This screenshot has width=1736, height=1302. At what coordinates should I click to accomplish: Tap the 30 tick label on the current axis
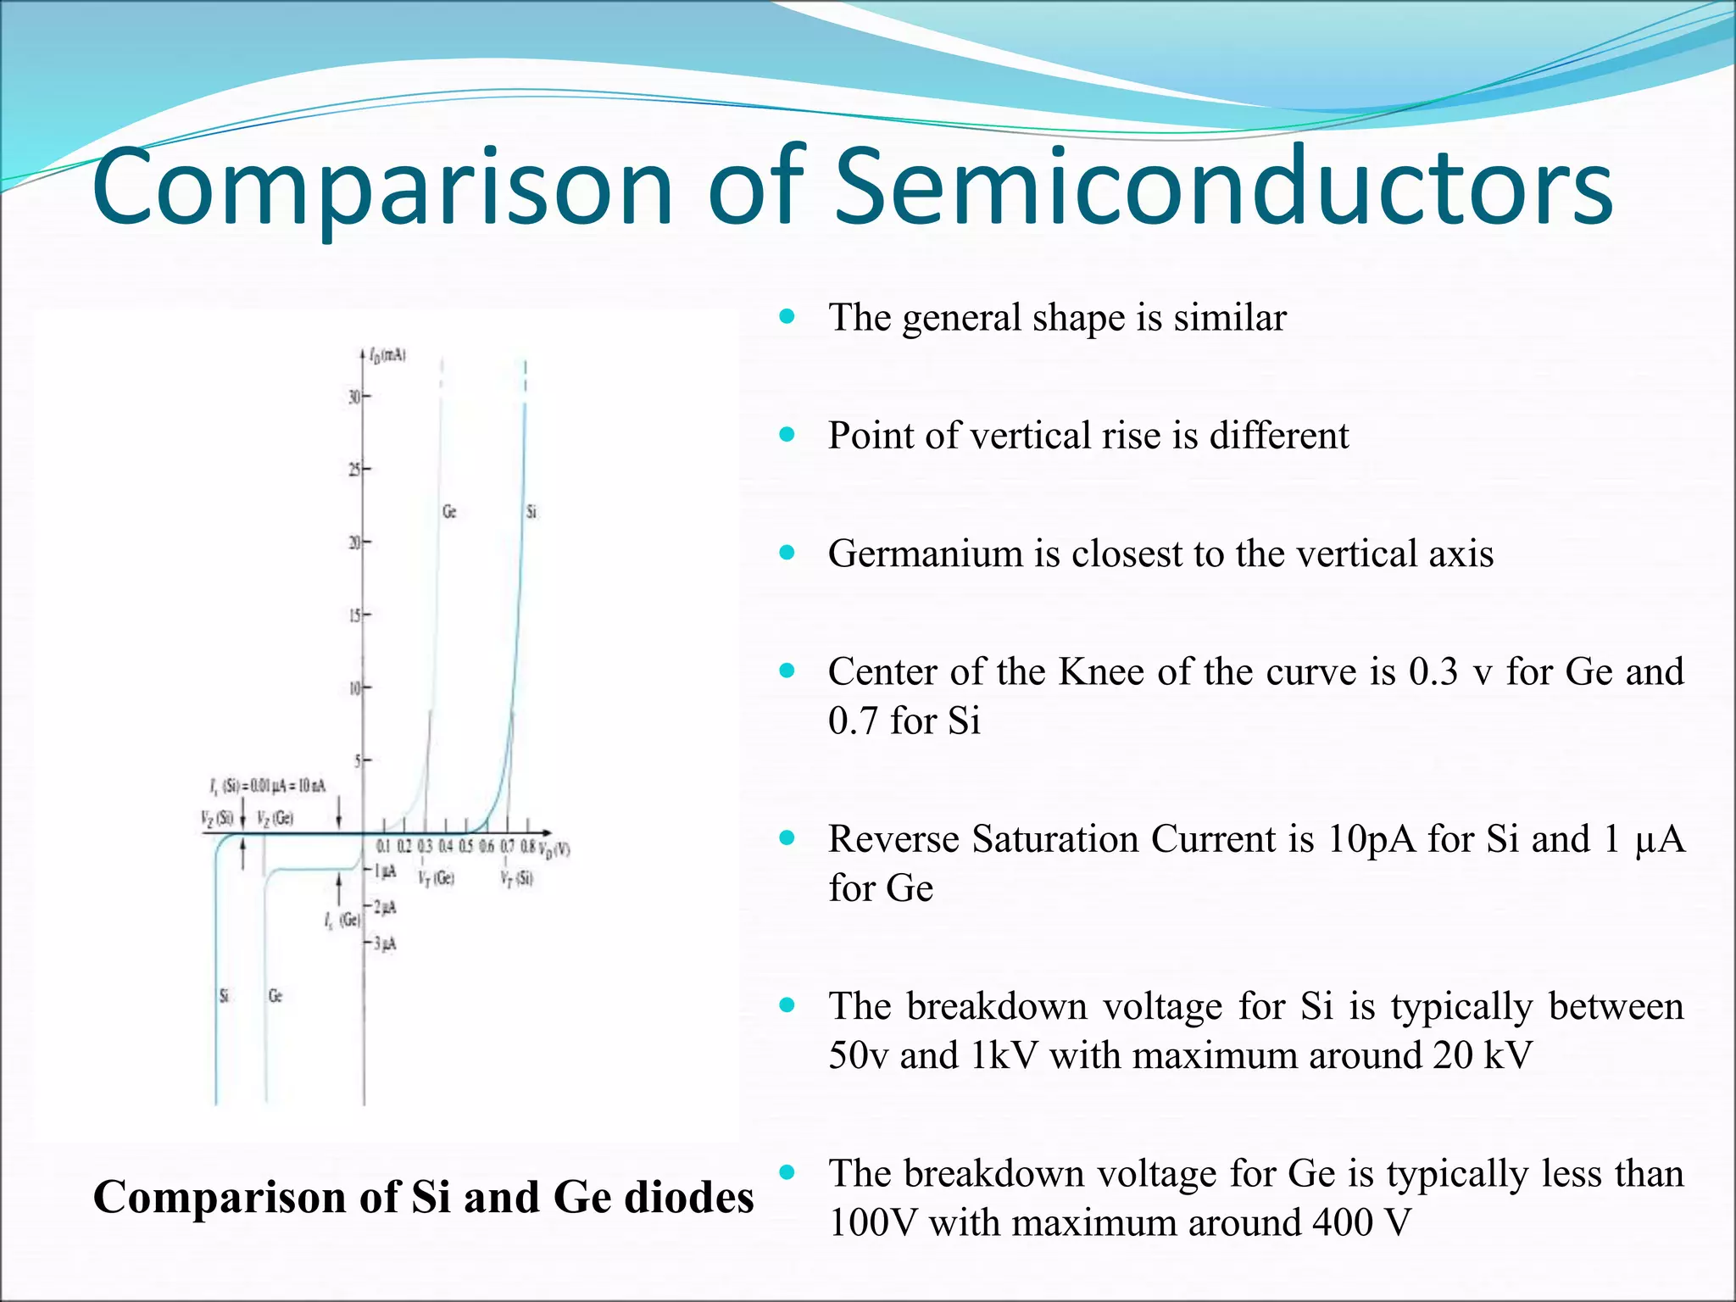pyautogui.click(x=354, y=396)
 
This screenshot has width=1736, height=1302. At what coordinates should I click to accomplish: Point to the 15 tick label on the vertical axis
pyautogui.click(x=354, y=615)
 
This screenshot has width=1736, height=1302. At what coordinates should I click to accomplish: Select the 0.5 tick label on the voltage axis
pyautogui.click(x=465, y=846)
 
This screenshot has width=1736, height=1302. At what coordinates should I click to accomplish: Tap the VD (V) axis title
pyautogui.click(x=556, y=849)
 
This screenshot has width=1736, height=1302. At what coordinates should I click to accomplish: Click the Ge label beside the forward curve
pyautogui.click(x=449, y=512)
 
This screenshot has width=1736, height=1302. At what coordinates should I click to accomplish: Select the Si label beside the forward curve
pyautogui.click(x=531, y=512)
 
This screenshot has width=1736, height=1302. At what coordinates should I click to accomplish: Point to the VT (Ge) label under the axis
pyautogui.click(x=436, y=878)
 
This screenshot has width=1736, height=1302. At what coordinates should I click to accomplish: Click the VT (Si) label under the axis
pyautogui.click(x=516, y=878)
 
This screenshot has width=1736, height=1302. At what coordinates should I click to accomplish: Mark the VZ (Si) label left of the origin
pyautogui.click(x=216, y=818)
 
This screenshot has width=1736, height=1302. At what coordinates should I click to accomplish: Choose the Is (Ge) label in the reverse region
pyautogui.click(x=342, y=921)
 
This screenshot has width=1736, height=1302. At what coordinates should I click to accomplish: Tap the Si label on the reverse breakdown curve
pyautogui.click(x=224, y=995)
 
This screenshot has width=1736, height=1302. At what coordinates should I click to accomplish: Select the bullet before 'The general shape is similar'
pyautogui.click(x=787, y=317)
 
